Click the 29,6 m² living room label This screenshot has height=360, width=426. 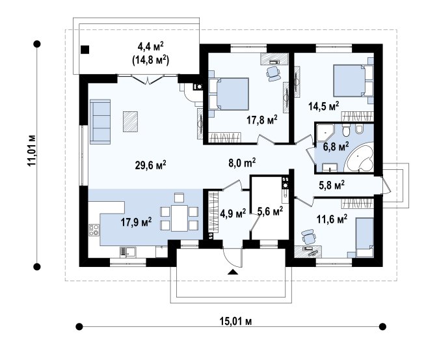[150, 165]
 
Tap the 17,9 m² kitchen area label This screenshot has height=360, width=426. [136, 222]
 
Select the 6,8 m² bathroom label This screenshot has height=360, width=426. [336, 146]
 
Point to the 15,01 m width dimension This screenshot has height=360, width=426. [235, 322]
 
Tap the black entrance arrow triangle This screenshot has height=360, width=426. [233, 272]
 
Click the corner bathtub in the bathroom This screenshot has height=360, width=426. [359, 158]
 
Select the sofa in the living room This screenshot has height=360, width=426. [100, 122]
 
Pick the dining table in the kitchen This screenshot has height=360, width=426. [180, 218]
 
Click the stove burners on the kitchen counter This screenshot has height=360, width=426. [94, 230]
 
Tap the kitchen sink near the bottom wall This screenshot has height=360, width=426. [128, 251]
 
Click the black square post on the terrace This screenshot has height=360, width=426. [85, 49]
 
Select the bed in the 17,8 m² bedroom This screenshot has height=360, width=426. [229, 94]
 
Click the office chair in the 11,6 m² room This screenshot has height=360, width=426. [308, 236]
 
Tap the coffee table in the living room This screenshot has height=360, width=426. [130, 122]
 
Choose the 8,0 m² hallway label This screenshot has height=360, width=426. [242, 163]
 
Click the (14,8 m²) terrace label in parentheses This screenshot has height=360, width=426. [150, 61]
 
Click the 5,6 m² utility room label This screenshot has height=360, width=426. [270, 211]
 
